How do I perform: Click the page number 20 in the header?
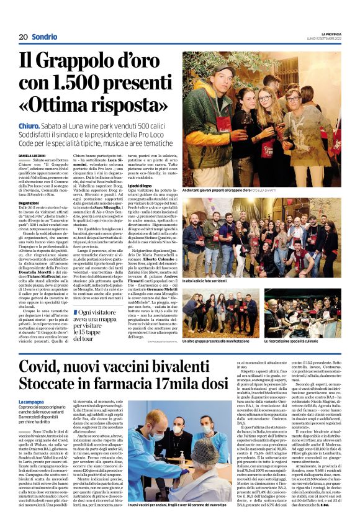click(x=24, y=37)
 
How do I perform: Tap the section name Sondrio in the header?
click(x=45, y=37)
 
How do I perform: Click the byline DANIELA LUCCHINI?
click(x=34, y=155)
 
